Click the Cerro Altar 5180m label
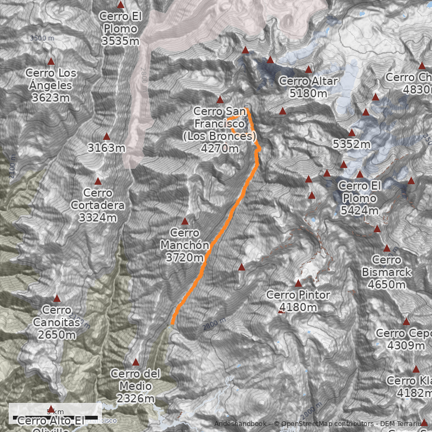pyautogui.click(x=308, y=87)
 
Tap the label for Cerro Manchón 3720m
pyautogui.click(x=185, y=245)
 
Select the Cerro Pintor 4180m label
pyautogui.click(x=298, y=301)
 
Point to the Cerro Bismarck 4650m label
pyautogui.click(x=387, y=272)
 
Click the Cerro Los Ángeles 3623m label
pyautogui.click(x=51, y=85)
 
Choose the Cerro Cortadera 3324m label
pyautogui.click(x=98, y=205)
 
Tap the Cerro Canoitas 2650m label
pyautogui.click(x=56, y=322)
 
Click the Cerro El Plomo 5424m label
pyautogui.click(x=360, y=198)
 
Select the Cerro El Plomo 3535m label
pyautogui.click(x=120, y=28)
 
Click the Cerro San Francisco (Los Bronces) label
pyautogui.click(x=219, y=130)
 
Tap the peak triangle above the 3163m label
pyautogui.click(x=106, y=137)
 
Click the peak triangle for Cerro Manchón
pyautogui.click(x=185, y=221)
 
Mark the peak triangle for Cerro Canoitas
pyautogui.click(x=57, y=298)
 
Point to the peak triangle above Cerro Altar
pyautogui.click(x=309, y=70)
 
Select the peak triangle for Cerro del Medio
pyautogui.click(x=136, y=362)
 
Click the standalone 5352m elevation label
pyautogui.click(x=352, y=144)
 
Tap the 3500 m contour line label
pyautogui.click(x=42, y=38)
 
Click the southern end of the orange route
pyautogui.click(x=172, y=324)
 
